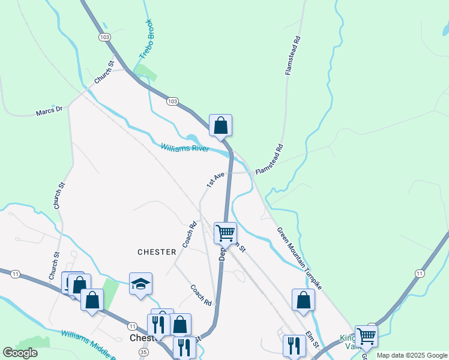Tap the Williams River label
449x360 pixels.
point(184,147)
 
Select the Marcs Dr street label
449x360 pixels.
point(49,111)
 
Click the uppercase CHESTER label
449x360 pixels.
point(157,252)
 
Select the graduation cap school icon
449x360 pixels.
point(140,284)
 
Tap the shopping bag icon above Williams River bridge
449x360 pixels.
point(220,125)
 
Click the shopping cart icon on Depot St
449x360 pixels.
point(226,232)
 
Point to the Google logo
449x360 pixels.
point(20,353)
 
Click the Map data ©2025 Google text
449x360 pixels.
point(412,355)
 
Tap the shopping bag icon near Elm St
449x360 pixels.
point(303,300)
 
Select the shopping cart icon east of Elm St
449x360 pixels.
point(366,336)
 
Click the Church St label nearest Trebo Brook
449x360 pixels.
point(103,72)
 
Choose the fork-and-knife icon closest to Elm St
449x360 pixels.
point(294,345)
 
